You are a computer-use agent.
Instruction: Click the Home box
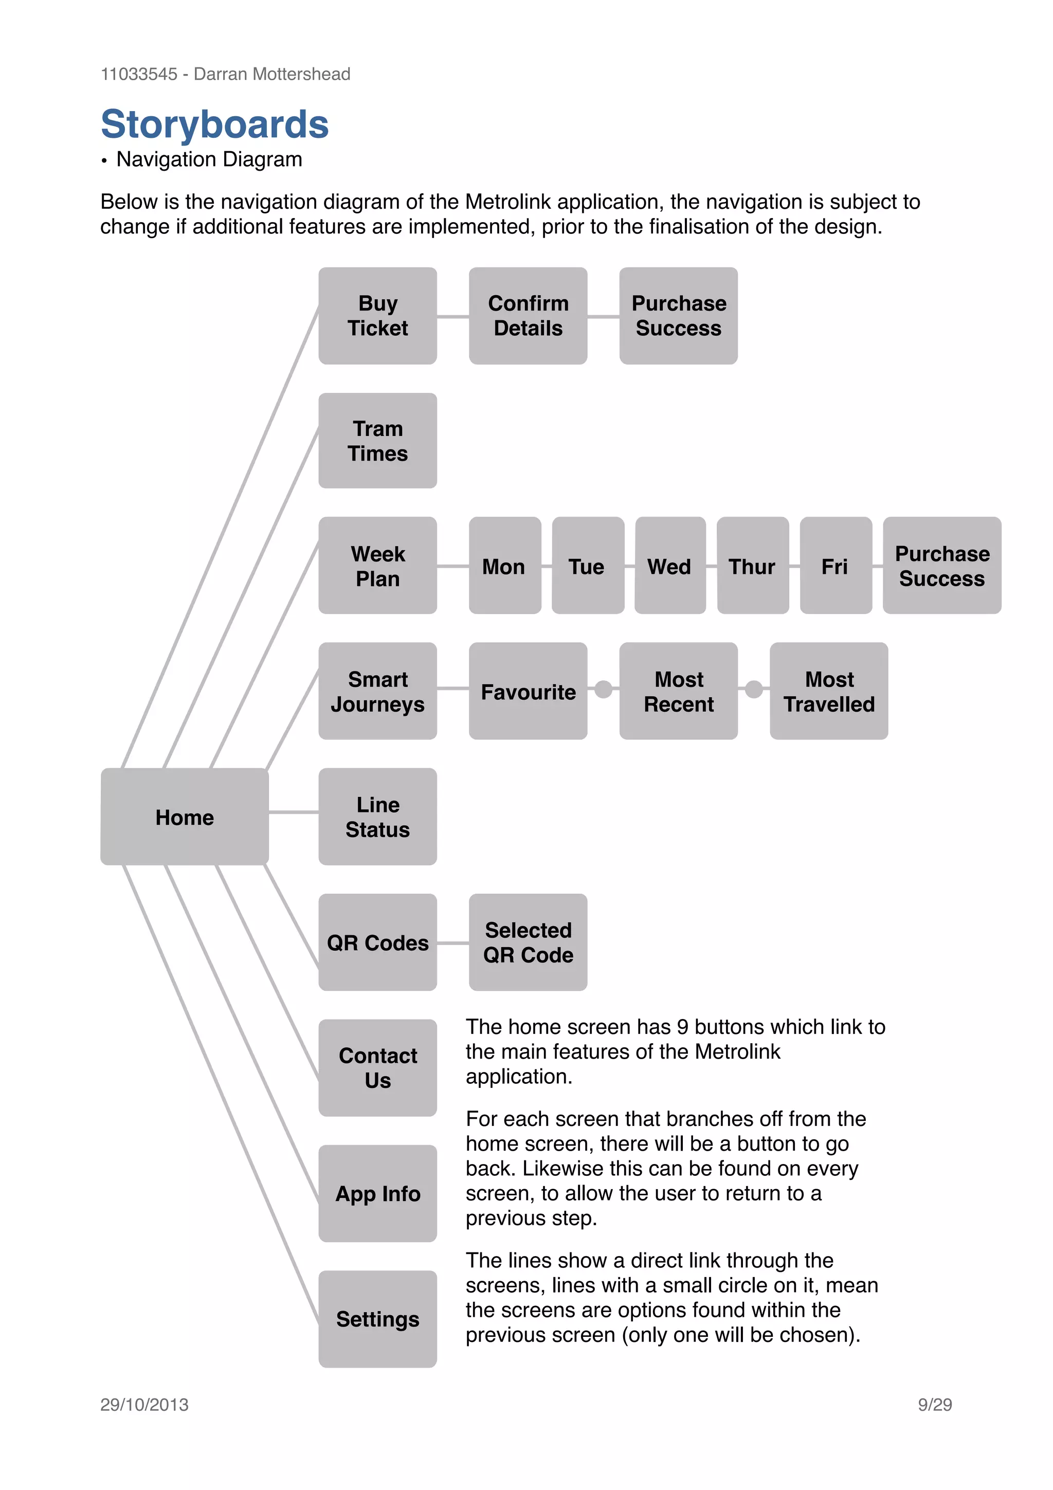click(x=184, y=816)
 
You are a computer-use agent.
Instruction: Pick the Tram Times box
click(x=377, y=441)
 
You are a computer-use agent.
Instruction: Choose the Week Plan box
click(x=377, y=566)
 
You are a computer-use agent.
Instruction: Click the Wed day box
click(x=669, y=566)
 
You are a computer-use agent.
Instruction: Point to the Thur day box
click(x=753, y=566)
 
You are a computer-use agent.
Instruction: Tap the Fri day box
click(x=836, y=566)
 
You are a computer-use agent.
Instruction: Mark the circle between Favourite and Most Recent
click(x=604, y=689)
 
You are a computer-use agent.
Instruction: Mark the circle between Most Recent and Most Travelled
click(x=754, y=689)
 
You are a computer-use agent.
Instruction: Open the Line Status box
click(x=377, y=816)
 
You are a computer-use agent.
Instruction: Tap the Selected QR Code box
click(x=528, y=942)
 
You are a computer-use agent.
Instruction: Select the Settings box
click(x=377, y=1319)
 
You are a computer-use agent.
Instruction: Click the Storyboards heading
click(x=215, y=124)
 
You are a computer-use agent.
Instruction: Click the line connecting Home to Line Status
click(x=293, y=812)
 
